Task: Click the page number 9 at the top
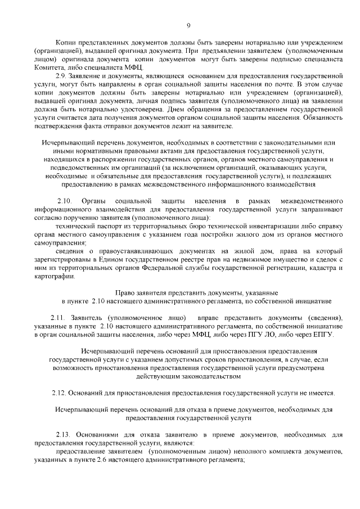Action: pos(188,25)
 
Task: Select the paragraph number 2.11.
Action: pos(58,318)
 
